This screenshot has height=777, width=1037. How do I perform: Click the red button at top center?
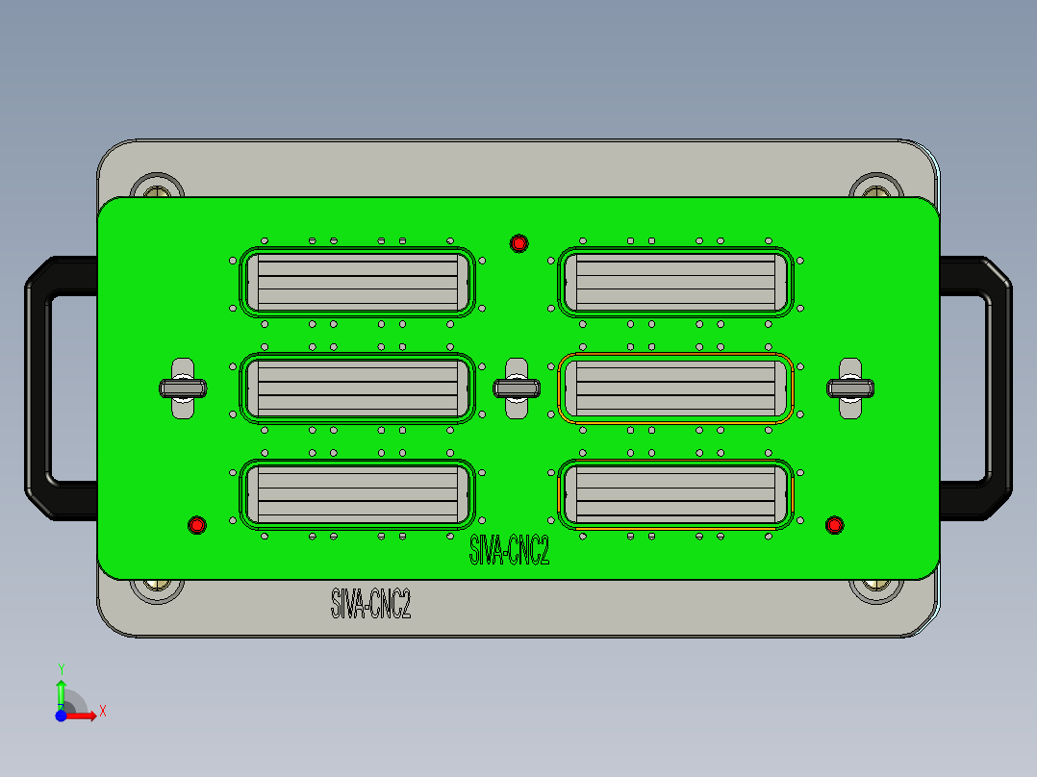(x=518, y=243)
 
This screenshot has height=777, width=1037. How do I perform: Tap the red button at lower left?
(x=197, y=525)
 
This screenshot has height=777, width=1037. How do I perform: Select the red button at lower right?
(x=834, y=524)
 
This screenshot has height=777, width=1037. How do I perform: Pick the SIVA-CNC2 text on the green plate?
(x=509, y=551)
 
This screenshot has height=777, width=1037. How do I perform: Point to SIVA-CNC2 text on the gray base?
(x=370, y=604)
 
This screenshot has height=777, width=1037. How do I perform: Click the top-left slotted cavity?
(x=356, y=282)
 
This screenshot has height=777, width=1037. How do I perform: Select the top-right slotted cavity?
(x=675, y=282)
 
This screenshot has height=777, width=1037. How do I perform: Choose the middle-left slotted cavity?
(x=356, y=388)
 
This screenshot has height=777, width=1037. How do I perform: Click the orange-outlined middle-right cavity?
(x=675, y=388)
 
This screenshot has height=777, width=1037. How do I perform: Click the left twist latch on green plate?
(x=183, y=388)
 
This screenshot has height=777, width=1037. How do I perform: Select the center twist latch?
(x=517, y=388)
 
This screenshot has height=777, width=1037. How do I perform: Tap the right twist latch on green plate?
(x=850, y=388)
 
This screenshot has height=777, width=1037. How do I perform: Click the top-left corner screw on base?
(x=157, y=188)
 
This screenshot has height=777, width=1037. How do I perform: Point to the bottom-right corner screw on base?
(x=875, y=587)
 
